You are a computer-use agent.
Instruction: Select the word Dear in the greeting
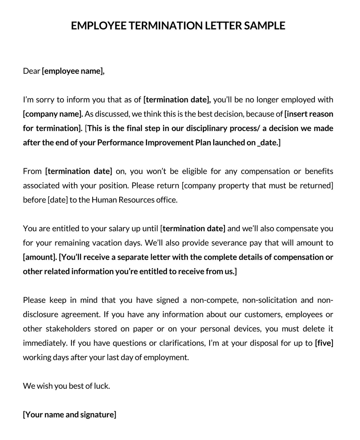[31, 71]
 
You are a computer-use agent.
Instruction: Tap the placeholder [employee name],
[73, 71]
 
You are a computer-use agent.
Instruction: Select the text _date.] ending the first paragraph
[269, 143]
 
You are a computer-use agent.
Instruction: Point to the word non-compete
[222, 301]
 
